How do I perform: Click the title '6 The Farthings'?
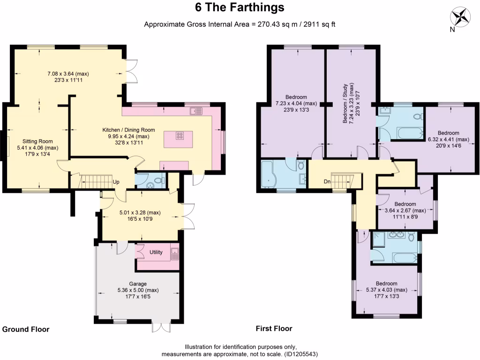(240, 8)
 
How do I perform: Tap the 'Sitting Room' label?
(38, 141)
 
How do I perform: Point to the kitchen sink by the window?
(196, 111)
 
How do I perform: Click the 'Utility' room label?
(156, 252)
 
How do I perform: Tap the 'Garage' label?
(138, 284)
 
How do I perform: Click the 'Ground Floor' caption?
(26, 330)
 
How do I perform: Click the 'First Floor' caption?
(274, 329)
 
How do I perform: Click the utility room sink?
(174, 254)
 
